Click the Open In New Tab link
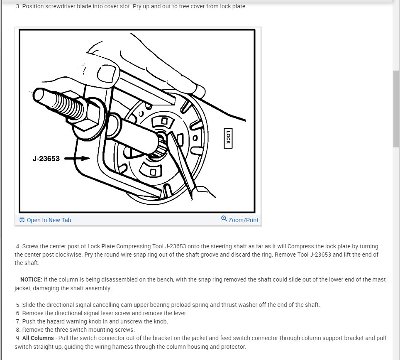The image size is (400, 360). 49,220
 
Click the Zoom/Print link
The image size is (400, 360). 243,220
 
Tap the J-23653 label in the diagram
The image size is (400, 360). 46,159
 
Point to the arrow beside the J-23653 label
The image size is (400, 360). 78,158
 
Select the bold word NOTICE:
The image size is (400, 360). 31,279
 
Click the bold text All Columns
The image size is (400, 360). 38,338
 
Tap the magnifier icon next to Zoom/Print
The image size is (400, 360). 224,219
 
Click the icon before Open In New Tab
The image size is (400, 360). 22,220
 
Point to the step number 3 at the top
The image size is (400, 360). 18,7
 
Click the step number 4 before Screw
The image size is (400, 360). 18,246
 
